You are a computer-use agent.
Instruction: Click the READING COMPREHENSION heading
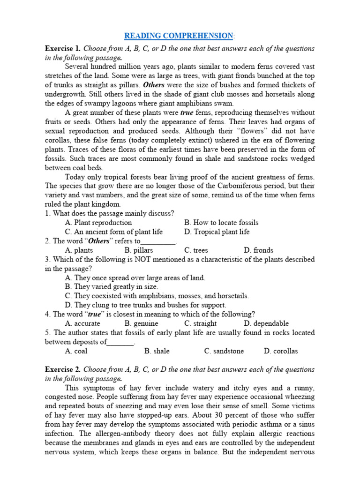pyautogui.click(x=179, y=36)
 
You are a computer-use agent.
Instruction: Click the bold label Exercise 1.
pyautogui.click(x=62, y=49)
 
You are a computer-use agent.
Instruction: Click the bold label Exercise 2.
pyautogui.click(x=62, y=370)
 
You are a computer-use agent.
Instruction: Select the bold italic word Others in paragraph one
pyautogui.click(x=153, y=85)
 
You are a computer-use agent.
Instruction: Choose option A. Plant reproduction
pyautogui.click(x=98, y=223)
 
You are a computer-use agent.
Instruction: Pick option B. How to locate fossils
pyautogui.click(x=221, y=223)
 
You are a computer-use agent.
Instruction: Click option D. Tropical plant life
pyautogui.click(x=217, y=232)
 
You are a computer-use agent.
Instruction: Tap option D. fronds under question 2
pyautogui.click(x=258, y=250)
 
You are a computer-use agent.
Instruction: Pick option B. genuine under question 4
pyautogui.click(x=141, y=323)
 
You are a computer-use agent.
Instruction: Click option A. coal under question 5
pyautogui.click(x=76, y=351)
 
